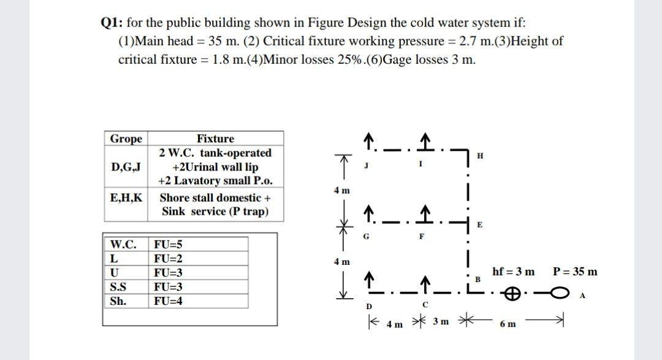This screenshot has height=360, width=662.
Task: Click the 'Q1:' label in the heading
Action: (112, 23)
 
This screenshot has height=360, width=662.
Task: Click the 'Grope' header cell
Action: (126, 139)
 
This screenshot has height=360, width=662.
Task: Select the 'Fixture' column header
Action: (215, 139)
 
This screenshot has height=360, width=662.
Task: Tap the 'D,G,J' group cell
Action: (126, 167)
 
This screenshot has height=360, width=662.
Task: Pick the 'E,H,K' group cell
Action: (126, 197)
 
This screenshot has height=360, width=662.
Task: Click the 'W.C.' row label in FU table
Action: (122, 244)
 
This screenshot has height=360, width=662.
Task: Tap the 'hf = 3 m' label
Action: (513, 272)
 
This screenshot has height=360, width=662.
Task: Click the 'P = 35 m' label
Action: (575, 272)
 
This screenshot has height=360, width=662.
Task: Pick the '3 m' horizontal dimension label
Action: (440, 322)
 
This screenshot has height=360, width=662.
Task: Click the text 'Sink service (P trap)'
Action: (215, 212)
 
